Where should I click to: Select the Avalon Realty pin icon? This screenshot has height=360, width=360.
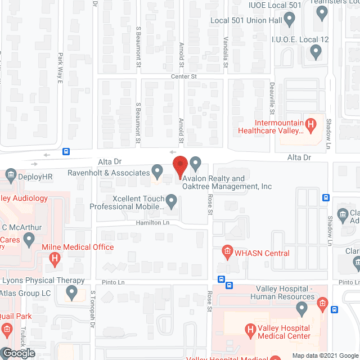pos(195,164)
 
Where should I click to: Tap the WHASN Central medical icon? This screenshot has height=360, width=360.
pos(227,250)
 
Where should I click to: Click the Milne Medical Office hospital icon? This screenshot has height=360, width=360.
pos(55,259)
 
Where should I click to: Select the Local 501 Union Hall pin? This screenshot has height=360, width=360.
pos(290,20)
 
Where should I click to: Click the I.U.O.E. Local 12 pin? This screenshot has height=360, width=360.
pos(316,52)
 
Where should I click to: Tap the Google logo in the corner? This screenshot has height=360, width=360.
pos(18,353)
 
